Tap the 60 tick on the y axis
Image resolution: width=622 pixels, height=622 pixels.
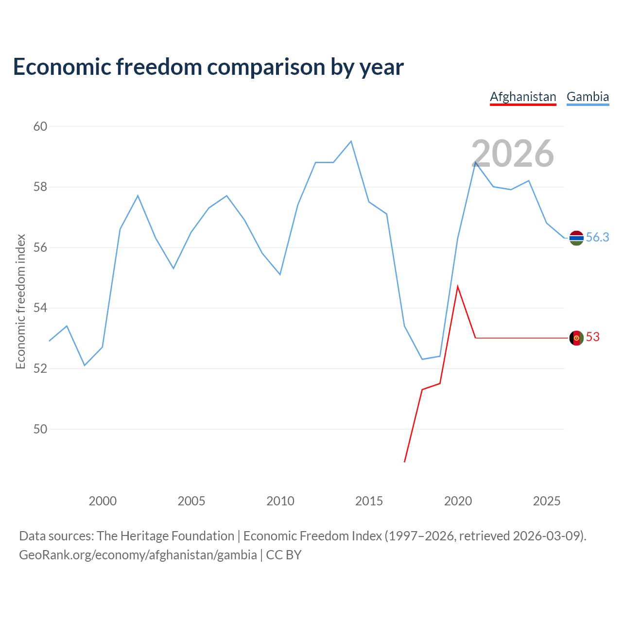click(x=40, y=126)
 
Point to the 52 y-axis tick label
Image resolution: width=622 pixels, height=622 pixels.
click(x=40, y=368)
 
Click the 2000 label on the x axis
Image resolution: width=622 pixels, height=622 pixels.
click(x=103, y=501)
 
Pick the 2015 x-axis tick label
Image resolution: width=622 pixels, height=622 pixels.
click(x=369, y=501)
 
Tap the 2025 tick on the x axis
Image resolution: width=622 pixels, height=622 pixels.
click(x=547, y=501)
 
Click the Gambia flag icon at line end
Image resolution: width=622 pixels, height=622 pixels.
click(x=576, y=238)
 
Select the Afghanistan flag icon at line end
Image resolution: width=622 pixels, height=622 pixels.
click(x=576, y=338)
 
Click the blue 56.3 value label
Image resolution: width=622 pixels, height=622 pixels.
click(x=597, y=237)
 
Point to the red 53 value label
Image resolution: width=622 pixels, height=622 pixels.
click(x=593, y=337)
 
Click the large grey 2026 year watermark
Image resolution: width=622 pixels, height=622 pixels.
click(x=513, y=154)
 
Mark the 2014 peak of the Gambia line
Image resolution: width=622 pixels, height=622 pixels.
click(x=351, y=141)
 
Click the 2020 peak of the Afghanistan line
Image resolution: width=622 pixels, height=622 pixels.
click(x=457, y=286)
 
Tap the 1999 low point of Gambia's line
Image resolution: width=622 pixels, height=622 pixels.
click(x=85, y=365)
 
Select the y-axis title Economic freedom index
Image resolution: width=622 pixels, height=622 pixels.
click(x=21, y=301)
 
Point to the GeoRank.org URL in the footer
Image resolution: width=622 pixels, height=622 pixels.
click(x=138, y=554)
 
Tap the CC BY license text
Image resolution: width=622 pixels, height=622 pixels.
click(x=283, y=554)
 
